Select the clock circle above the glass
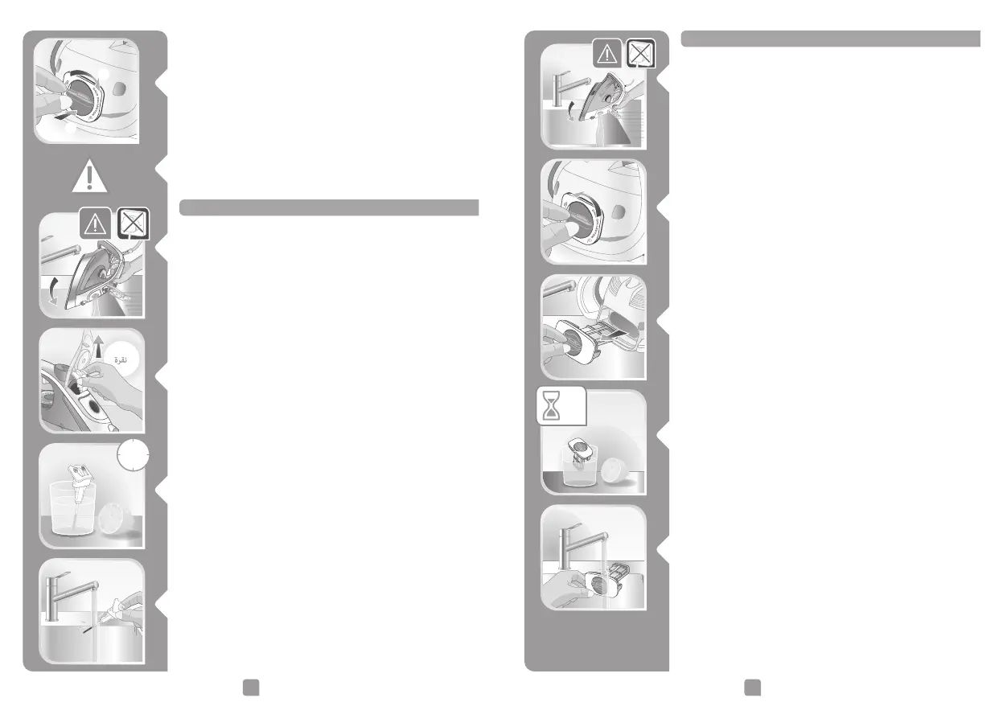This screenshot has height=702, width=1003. pyautogui.click(x=133, y=458)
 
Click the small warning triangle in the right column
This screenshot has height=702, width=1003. pyautogui.click(x=606, y=54)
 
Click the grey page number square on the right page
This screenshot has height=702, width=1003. pyautogui.click(x=752, y=685)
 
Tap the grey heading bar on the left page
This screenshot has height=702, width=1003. pyautogui.click(x=329, y=208)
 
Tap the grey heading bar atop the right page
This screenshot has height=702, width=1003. pyautogui.click(x=830, y=39)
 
